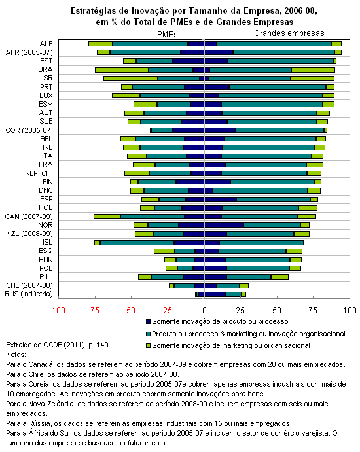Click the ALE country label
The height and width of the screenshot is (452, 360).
[x=46, y=44]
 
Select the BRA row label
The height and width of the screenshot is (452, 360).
[x=45, y=69]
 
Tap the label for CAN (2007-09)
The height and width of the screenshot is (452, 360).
[x=29, y=217]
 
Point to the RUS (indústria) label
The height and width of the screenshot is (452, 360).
[x=29, y=294]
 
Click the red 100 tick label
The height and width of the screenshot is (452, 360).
[x=58, y=311]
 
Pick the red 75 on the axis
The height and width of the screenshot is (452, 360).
[x=95, y=311]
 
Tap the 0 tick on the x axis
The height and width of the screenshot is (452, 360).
[x=204, y=311]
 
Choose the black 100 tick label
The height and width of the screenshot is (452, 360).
[x=350, y=311]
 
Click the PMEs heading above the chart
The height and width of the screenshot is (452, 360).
[x=168, y=35]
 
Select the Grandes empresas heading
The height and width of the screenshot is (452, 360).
[x=289, y=33]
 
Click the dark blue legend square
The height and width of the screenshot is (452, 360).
[x=149, y=321]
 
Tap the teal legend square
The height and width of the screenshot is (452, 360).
[x=149, y=334]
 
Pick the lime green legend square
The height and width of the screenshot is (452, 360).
[x=149, y=345]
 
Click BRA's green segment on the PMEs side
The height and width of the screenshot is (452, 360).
[x=122, y=70]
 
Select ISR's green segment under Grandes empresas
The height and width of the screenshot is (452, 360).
[x=312, y=78]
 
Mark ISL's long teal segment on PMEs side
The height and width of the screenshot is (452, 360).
[x=137, y=243]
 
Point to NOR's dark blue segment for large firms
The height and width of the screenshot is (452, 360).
[x=224, y=225]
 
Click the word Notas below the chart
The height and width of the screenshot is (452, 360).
[x=16, y=355]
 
